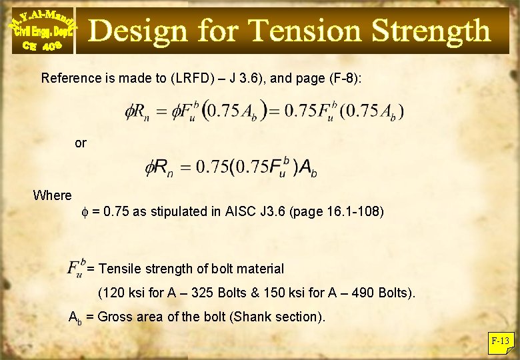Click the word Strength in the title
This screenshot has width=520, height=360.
coord(431,31)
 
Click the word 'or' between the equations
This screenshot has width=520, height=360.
coord(81,143)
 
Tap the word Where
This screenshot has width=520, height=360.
coord(52,195)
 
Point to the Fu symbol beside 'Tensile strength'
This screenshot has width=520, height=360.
coord(76,268)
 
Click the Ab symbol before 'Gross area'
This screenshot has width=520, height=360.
coord(77,317)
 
